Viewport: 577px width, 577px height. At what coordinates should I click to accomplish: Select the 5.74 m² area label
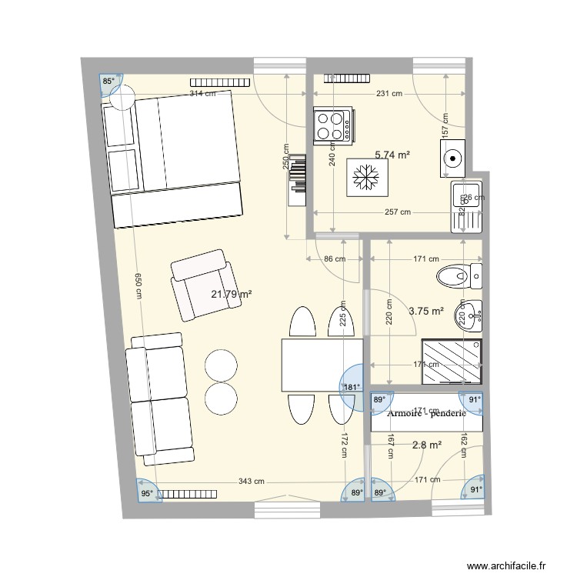[x=392, y=155]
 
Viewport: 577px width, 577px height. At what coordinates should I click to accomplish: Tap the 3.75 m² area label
[x=426, y=311]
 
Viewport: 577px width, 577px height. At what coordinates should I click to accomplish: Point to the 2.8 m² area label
[x=427, y=445]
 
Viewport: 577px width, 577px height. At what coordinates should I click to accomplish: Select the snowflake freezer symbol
[x=365, y=178]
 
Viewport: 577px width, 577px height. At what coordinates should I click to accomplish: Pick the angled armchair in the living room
[x=202, y=285]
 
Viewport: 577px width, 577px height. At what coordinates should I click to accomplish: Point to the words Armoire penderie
[x=427, y=413]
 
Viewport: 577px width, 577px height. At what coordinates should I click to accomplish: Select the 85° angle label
[x=110, y=81]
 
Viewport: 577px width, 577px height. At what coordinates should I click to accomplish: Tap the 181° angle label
[x=351, y=387]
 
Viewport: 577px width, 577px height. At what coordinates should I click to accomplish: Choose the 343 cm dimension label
[x=251, y=482]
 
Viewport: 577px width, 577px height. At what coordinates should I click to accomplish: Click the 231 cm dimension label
[x=389, y=94]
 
